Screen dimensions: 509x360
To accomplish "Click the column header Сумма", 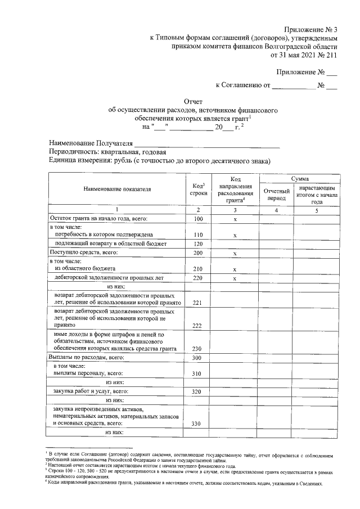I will (299, 178).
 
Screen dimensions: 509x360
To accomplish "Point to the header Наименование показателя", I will (117, 190).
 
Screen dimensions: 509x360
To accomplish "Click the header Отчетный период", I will (276, 195).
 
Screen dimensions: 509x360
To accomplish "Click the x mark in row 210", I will (235, 269).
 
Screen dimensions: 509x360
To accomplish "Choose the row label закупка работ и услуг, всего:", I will (91, 391).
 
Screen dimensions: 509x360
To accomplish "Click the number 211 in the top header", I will (331, 56).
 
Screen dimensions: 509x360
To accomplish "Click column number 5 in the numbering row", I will (316, 210).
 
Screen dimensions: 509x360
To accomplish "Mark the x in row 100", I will (235, 219).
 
